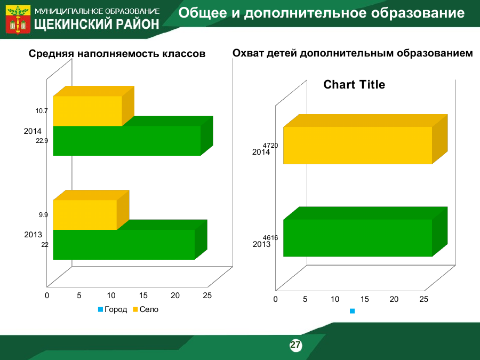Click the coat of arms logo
(18, 19)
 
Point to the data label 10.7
(42, 111)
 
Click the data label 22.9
(42, 141)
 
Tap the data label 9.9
(43, 215)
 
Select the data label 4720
(270, 146)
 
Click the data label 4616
(270, 238)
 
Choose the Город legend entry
(113, 309)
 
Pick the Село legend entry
(146, 309)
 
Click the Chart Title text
(354, 84)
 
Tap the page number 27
(295, 345)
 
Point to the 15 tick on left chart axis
(143, 295)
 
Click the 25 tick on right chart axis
(423, 299)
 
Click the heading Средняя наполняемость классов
(117, 53)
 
